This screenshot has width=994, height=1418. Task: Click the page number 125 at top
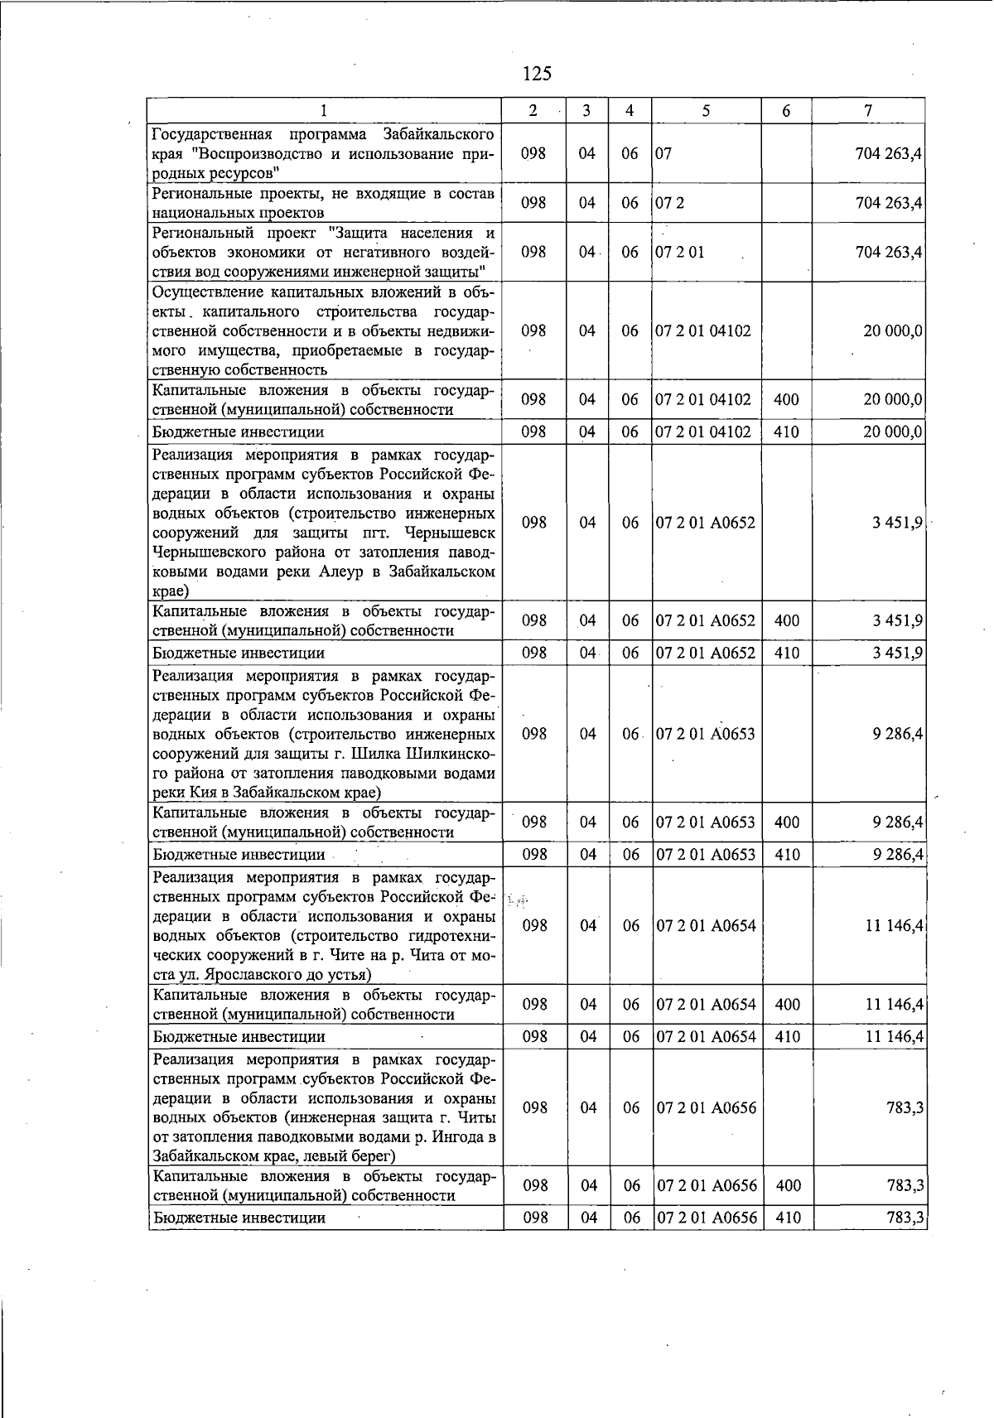click(x=537, y=74)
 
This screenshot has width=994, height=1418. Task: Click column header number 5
click(x=705, y=111)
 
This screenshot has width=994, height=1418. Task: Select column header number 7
click(x=867, y=111)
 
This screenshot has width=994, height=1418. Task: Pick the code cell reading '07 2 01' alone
click(x=679, y=252)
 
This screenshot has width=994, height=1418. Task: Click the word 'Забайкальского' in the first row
click(x=439, y=134)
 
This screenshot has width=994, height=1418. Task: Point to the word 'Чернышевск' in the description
click(x=455, y=533)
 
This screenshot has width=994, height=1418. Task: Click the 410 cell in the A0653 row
click(x=787, y=854)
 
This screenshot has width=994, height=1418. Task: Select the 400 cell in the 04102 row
click(x=786, y=400)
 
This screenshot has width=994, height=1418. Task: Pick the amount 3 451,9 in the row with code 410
click(x=899, y=654)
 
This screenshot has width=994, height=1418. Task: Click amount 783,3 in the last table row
click(x=905, y=1218)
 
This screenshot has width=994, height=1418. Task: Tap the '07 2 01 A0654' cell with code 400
click(x=707, y=1005)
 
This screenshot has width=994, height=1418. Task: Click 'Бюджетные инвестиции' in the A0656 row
click(x=239, y=1218)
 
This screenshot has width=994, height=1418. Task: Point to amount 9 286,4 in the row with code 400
click(x=898, y=822)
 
